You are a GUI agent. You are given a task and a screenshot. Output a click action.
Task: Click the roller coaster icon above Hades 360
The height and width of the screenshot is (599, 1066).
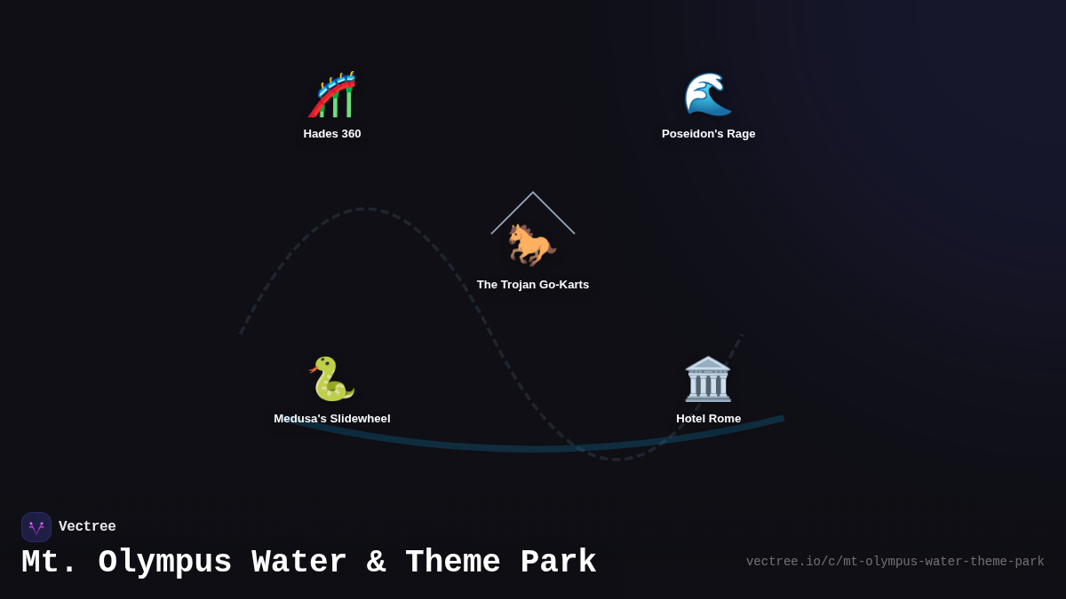point(332,95)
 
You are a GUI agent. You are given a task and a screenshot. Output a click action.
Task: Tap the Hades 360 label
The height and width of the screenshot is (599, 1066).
point(332,134)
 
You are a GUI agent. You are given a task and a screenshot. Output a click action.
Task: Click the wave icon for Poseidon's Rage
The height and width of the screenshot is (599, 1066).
point(708,94)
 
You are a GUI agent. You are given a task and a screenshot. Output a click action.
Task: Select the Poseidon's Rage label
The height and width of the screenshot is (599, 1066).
point(708,134)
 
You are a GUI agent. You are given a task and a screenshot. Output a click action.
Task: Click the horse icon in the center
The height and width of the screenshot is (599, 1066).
point(531,244)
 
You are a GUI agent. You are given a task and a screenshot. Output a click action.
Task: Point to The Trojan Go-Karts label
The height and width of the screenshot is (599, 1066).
point(532,285)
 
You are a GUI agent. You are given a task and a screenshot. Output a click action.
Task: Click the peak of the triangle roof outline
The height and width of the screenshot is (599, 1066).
point(533,193)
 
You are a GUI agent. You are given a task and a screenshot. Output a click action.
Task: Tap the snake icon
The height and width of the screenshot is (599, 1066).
point(331,379)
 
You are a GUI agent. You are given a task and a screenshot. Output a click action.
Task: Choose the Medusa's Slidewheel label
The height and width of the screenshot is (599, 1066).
point(331,419)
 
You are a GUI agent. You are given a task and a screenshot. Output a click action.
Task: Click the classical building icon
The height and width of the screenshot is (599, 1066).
point(708,379)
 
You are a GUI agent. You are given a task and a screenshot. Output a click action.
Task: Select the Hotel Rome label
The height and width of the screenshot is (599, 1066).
point(708,419)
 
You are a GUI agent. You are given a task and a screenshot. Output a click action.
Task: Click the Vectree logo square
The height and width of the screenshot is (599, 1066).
point(36,527)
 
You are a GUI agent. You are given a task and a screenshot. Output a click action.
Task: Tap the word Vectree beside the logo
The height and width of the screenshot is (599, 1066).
point(87,527)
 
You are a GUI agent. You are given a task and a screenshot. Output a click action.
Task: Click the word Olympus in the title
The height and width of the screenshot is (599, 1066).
point(165,563)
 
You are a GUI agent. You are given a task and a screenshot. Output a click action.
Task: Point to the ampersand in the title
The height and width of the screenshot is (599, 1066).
point(376,563)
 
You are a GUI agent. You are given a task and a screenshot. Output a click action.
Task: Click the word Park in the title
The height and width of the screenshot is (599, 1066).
point(558,563)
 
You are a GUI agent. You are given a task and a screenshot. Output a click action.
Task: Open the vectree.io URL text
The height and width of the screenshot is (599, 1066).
point(895,562)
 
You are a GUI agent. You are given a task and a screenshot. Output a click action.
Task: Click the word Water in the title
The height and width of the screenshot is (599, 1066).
point(299,563)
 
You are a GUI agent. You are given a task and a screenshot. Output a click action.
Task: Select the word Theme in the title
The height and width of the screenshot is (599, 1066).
point(452,563)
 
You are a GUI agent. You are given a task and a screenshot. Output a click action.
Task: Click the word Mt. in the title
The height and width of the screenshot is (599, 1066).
point(50,563)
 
